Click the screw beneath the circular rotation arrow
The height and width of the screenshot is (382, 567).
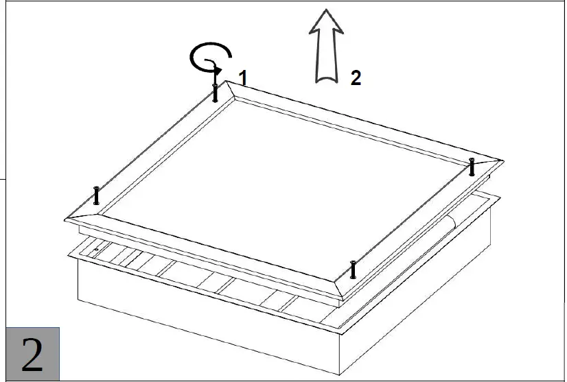(x=215, y=92)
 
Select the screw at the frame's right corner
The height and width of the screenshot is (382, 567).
(x=472, y=167)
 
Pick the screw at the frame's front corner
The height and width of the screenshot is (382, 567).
(x=352, y=270)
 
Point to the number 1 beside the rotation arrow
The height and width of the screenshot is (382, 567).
(x=242, y=77)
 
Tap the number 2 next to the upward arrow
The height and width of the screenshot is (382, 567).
(x=355, y=77)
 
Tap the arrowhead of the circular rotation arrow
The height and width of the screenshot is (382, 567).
(x=217, y=69)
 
